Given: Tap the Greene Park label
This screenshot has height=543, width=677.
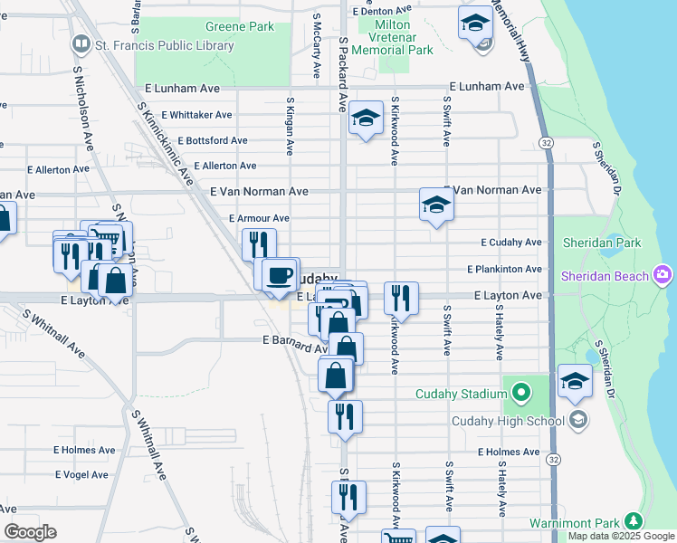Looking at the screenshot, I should (239, 27).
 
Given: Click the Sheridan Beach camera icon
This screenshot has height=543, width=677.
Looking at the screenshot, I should (663, 275).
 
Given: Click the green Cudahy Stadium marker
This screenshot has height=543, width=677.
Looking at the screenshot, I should (520, 393).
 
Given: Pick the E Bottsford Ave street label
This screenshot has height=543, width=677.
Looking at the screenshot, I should (213, 140).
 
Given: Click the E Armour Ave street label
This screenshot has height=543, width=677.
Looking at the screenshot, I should (259, 218).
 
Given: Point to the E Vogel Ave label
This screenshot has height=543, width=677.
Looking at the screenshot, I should (82, 474).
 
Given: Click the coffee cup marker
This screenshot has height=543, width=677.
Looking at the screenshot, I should (280, 273).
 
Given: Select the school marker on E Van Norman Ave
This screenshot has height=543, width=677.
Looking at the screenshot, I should (435, 205).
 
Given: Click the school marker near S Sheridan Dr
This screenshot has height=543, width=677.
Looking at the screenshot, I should (575, 381).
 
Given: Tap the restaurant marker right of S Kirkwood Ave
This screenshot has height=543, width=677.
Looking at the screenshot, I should (401, 297).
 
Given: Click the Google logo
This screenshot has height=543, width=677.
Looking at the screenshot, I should (30, 532).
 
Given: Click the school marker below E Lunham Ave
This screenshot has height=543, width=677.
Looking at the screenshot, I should (365, 118).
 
